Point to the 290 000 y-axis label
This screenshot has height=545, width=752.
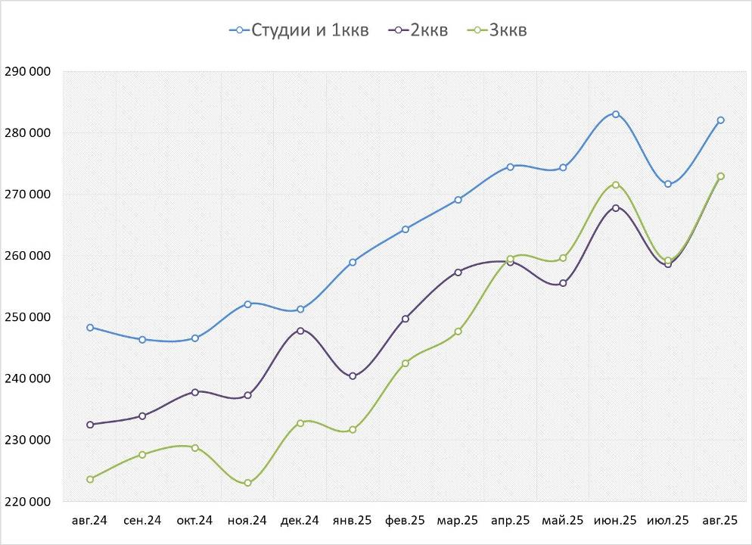(27, 72)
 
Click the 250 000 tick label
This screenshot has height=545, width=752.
(27, 317)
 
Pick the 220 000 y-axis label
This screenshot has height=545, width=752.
(27, 501)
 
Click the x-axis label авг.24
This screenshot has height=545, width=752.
(90, 521)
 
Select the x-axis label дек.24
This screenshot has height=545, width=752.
(300, 521)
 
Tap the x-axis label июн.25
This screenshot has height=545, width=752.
(615, 521)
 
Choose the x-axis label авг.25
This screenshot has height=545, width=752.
(719, 521)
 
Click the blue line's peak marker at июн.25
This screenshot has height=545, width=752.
(616, 114)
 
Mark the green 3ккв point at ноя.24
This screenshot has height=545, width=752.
(247, 483)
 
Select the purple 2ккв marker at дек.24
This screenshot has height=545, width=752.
(300, 331)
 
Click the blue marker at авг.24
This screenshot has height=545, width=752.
(90, 328)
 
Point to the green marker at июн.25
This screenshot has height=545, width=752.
(616, 185)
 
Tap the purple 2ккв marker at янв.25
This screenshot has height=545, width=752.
(353, 376)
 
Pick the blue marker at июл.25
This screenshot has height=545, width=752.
(668, 184)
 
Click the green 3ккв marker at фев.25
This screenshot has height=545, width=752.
(406, 363)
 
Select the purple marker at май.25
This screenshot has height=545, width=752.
(563, 284)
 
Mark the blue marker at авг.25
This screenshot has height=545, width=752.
(720, 120)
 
